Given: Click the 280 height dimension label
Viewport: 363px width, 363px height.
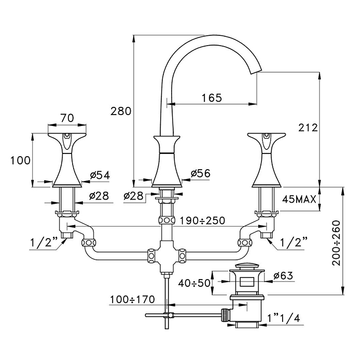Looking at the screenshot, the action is pyautogui.click(x=121, y=111).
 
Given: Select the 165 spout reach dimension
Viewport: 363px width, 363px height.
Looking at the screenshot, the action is pyautogui.click(x=212, y=97).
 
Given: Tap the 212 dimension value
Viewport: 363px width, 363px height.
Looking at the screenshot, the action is pyautogui.click(x=308, y=128).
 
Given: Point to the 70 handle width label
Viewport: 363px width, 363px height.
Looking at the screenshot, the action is pyautogui.click(x=67, y=118).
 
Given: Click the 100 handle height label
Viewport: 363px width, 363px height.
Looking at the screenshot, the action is pyautogui.click(x=20, y=160).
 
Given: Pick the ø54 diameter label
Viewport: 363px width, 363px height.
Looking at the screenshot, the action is pyautogui.click(x=100, y=175).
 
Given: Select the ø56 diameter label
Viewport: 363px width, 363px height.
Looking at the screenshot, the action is pyautogui.click(x=200, y=173).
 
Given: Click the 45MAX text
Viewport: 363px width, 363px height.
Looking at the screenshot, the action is pyautogui.click(x=299, y=199).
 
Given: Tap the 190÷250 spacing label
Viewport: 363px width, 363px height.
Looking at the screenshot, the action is pyautogui.click(x=202, y=220).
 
